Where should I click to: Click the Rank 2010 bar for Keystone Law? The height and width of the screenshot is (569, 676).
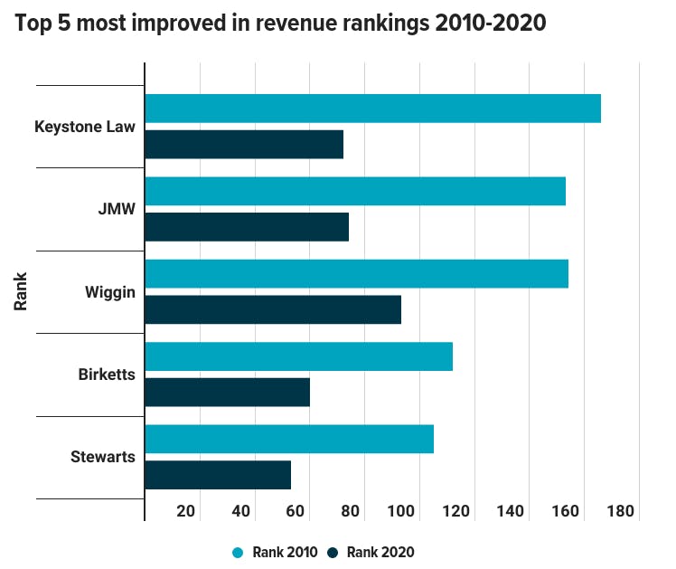[x=373, y=109]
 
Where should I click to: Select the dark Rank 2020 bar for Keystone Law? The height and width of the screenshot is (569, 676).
[x=244, y=145]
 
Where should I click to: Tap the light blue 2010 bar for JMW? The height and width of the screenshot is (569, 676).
[x=355, y=191]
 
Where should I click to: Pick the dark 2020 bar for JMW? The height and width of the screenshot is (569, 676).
[x=247, y=227]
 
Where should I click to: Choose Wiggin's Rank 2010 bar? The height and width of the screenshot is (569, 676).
[x=357, y=273]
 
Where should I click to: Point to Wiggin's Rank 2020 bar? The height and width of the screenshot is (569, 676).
[x=273, y=309]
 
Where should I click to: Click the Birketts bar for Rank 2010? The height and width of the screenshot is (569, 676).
[x=299, y=356]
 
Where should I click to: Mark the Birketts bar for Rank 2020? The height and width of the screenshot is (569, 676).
[x=227, y=392]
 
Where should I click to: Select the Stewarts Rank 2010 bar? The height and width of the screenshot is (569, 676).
[x=289, y=439]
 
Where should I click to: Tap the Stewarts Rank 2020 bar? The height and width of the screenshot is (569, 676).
[x=218, y=475]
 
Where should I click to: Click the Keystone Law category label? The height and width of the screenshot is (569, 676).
[x=85, y=127]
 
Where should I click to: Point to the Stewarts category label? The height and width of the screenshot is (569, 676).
[x=103, y=457]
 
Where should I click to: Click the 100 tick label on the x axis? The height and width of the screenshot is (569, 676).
[x=401, y=511]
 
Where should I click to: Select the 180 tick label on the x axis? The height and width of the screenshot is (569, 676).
[x=620, y=511]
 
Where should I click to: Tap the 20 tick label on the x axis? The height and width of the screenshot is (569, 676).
[x=186, y=511]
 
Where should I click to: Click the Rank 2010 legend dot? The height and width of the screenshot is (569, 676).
[x=238, y=553]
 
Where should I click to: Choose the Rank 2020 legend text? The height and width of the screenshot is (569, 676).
[x=380, y=552]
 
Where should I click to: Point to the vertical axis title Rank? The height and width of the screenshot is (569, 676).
[x=20, y=291]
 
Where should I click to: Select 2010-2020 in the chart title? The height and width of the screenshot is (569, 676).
[x=491, y=23]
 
